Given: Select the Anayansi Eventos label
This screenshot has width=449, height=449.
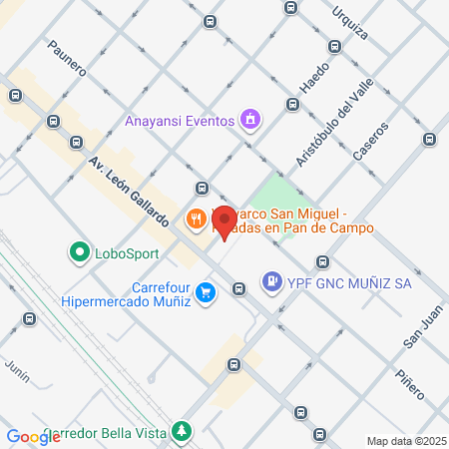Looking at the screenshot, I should pos(181,122).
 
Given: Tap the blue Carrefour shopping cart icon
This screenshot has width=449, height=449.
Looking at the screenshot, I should pos(206,292).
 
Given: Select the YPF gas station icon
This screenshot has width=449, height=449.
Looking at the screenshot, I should pos(271,282).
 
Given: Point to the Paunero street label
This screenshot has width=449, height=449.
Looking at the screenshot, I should pos(66,59).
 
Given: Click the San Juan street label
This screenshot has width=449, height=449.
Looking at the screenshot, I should pos(422,326).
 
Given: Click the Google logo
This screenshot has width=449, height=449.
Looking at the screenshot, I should pos(33,436).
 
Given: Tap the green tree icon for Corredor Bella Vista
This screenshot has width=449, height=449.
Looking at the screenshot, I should pos(181,430).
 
